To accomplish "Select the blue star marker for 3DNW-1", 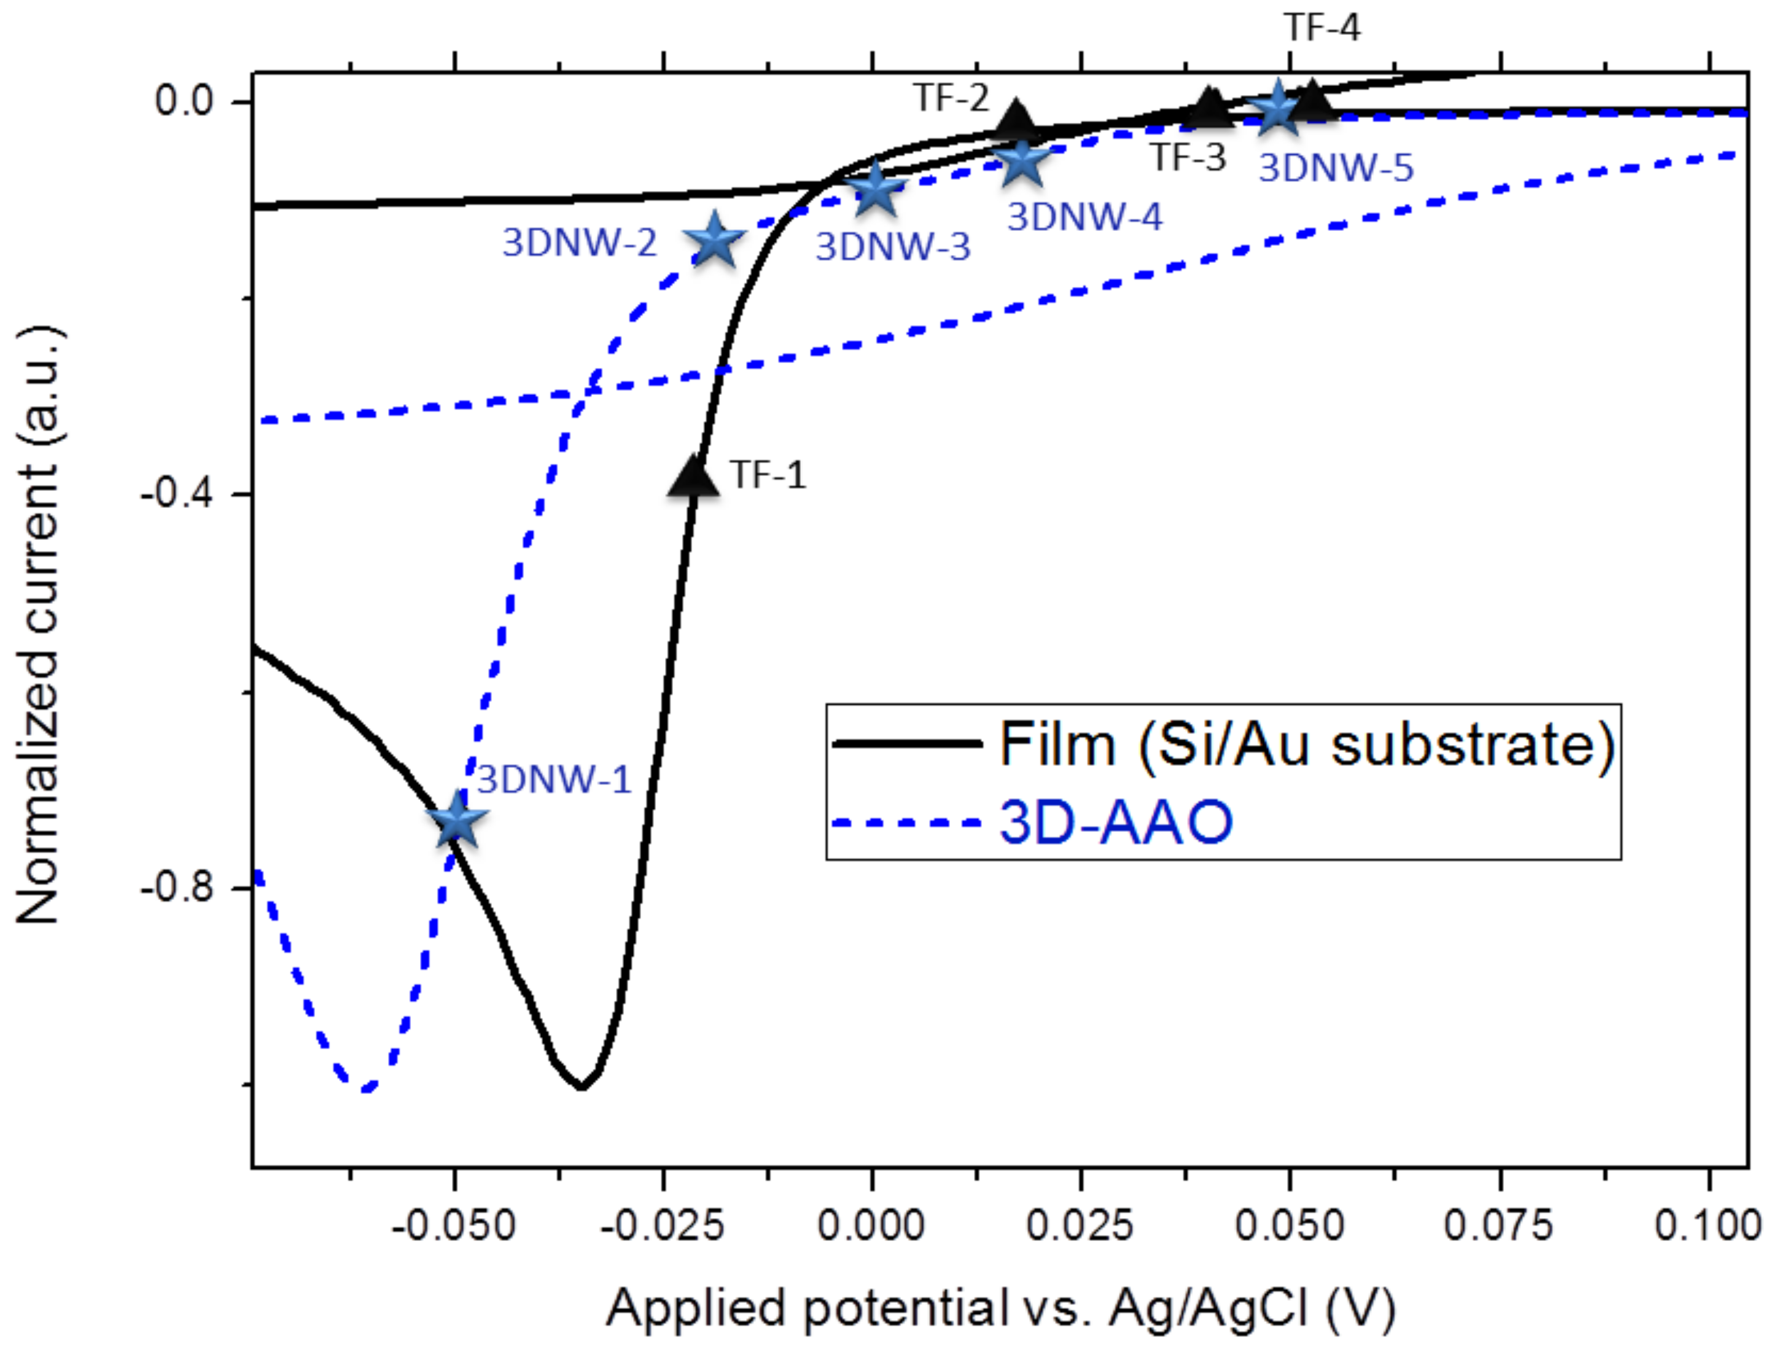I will (457, 820).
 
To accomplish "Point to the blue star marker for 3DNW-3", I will (875, 189).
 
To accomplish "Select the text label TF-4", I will (1322, 28).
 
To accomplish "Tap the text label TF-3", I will (1188, 157).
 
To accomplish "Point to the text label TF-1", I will (768, 475).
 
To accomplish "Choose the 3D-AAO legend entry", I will (1115, 823).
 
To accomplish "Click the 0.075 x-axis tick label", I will (1498, 1226).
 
